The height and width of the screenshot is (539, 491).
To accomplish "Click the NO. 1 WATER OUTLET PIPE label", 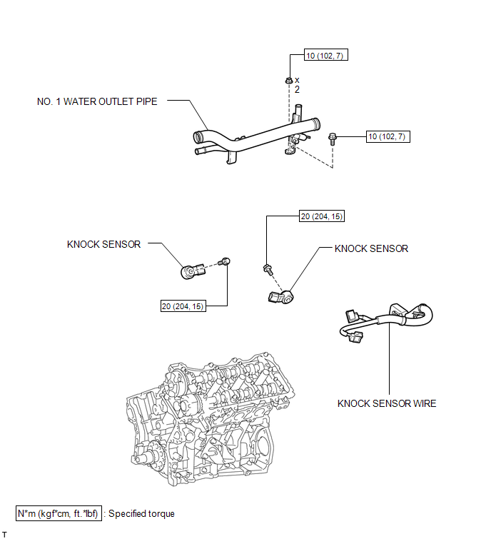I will click(x=97, y=101).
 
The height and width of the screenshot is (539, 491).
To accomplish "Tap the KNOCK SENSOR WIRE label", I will click(x=387, y=403).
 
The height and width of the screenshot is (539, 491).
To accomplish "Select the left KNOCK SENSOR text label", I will click(x=103, y=244).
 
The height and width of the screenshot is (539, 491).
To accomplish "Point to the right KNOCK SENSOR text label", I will click(x=371, y=248).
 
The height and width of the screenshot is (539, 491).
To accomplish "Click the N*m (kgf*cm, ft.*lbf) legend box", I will click(x=59, y=513).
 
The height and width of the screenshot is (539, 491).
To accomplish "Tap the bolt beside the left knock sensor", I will click(x=226, y=262).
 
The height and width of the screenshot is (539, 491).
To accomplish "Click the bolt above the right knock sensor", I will click(x=268, y=269).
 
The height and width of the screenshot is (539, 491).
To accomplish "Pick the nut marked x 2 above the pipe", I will click(x=288, y=81).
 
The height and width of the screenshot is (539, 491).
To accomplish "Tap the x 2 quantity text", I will click(x=297, y=85).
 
